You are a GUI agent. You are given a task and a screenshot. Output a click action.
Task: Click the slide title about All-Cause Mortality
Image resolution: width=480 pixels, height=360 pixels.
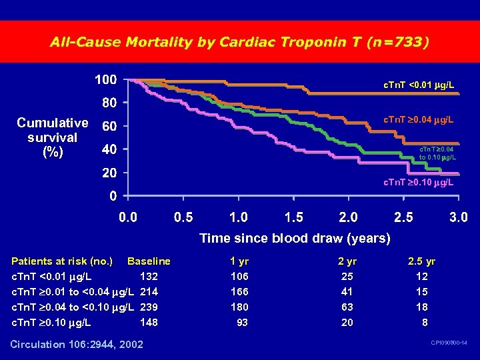click(239, 42)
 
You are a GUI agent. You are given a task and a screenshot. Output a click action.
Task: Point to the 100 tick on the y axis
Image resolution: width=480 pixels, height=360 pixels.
click(105, 80)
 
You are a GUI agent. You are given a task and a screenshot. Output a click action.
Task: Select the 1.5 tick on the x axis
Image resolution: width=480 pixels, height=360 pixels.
click(293, 217)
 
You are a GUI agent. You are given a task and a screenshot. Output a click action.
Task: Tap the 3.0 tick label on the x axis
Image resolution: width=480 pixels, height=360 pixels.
click(458, 217)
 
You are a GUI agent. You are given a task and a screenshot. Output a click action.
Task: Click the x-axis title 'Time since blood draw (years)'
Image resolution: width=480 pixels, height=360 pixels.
click(295, 238)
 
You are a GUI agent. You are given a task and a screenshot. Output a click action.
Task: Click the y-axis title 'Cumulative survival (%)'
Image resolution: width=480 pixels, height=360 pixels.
click(52, 137)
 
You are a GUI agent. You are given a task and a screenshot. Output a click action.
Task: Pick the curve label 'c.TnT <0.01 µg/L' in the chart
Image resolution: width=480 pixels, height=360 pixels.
click(419, 85)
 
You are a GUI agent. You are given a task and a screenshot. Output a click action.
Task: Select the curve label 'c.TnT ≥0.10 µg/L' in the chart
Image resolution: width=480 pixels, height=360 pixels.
click(418, 182)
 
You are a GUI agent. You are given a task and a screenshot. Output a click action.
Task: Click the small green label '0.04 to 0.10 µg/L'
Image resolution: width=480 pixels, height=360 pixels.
click(437, 154)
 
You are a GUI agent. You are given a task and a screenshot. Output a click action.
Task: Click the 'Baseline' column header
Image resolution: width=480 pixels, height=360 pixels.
click(149, 261)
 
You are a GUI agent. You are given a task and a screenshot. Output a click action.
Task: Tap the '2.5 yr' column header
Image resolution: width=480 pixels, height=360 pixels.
click(421, 261)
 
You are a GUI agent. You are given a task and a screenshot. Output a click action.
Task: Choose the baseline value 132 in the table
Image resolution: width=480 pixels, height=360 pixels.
click(149, 276)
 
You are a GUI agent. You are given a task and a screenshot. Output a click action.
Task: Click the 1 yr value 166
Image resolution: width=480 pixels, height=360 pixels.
click(239, 291)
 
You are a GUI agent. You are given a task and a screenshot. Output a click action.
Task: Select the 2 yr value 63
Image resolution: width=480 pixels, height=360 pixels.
click(347, 307)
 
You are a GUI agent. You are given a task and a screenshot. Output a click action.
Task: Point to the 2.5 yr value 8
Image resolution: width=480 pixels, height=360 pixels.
click(425, 322)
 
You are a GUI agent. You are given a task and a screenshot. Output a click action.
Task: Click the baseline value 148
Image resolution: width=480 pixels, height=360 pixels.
click(149, 322)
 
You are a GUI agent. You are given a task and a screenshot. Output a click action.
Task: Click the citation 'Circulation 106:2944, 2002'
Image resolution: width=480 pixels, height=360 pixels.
click(77, 344)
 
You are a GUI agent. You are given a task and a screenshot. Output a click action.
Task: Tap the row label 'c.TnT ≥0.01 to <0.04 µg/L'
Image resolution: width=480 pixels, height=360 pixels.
click(73, 291)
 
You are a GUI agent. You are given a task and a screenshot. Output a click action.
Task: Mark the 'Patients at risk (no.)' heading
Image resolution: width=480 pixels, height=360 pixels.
click(62, 261)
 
